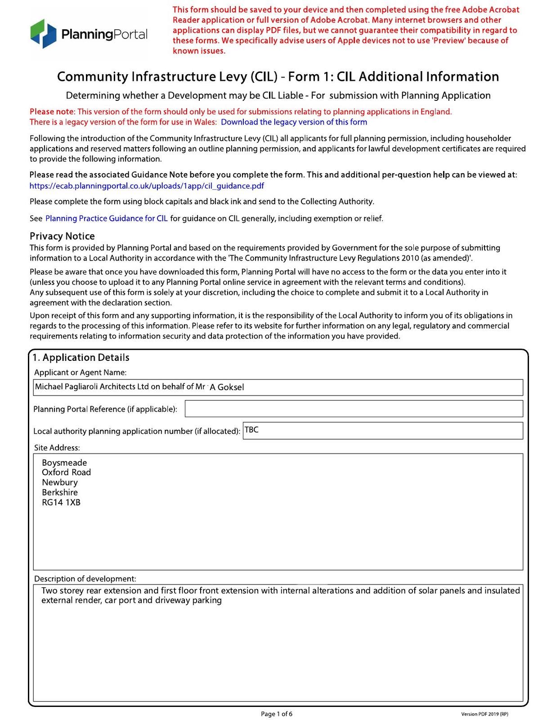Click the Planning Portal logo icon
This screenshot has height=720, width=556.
[x=44, y=34]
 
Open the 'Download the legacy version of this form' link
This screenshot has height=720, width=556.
[x=294, y=122]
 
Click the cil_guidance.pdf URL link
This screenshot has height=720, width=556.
[x=147, y=186]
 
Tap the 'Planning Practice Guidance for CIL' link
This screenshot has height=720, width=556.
[x=107, y=219]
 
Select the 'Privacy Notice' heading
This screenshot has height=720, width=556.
[x=62, y=236]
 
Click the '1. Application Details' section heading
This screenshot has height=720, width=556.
[x=81, y=358]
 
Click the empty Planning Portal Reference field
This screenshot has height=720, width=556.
[x=354, y=409]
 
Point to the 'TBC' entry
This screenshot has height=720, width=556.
[x=251, y=430]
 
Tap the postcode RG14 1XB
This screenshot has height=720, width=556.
[x=61, y=503]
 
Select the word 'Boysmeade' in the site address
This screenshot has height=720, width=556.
[x=64, y=463]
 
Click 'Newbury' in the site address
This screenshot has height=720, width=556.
[x=60, y=482]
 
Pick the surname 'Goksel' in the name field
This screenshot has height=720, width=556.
[x=231, y=387]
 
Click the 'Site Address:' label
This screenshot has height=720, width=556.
[x=57, y=448]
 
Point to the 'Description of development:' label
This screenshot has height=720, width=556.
[x=85, y=579]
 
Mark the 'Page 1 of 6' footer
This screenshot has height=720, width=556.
[x=277, y=714]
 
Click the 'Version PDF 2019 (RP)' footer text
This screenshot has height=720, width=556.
[x=484, y=714]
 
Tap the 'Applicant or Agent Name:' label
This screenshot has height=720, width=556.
[x=81, y=373]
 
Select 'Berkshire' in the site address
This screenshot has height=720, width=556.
[x=60, y=492]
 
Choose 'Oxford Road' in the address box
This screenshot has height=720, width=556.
[x=66, y=472]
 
